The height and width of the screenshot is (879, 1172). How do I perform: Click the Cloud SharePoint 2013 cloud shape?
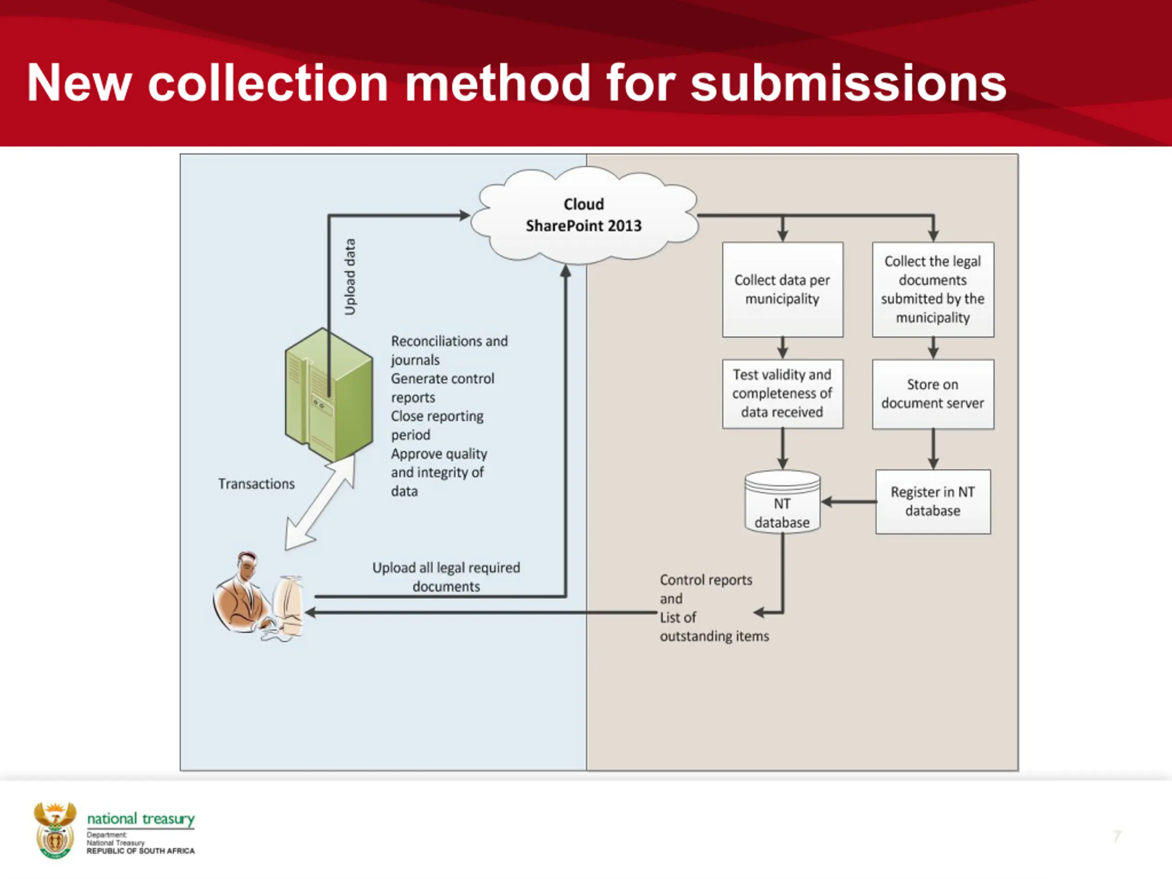click(x=584, y=215)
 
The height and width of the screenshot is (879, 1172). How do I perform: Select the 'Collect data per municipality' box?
click(x=782, y=289)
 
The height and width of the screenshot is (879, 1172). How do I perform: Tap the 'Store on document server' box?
click(x=933, y=394)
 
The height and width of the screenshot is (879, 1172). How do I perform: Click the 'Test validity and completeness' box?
click(x=782, y=394)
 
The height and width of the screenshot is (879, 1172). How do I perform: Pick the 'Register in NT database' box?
click(x=933, y=501)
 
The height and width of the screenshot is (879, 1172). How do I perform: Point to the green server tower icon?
click(x=329, y=395)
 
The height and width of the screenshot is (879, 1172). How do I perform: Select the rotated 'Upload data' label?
click(x=350, y=277)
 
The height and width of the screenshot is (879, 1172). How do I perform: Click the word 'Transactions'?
click(x=256, y=484)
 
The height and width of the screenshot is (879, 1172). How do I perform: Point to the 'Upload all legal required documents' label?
click(x=446, y=577)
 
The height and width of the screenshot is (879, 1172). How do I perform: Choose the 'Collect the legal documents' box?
click(x=933, y=289)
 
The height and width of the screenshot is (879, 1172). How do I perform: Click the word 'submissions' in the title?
click(x=848, y=83)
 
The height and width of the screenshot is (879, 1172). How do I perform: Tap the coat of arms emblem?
click(x=54, y=830)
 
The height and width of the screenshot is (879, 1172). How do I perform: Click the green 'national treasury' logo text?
click(x=141, y=819)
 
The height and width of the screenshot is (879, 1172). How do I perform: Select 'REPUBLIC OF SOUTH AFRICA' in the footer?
click(x=141, y=851)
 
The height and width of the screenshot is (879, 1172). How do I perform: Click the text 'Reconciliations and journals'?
click(x=449, y=350)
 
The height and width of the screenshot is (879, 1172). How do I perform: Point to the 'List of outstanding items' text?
click(x=714, y=627)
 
